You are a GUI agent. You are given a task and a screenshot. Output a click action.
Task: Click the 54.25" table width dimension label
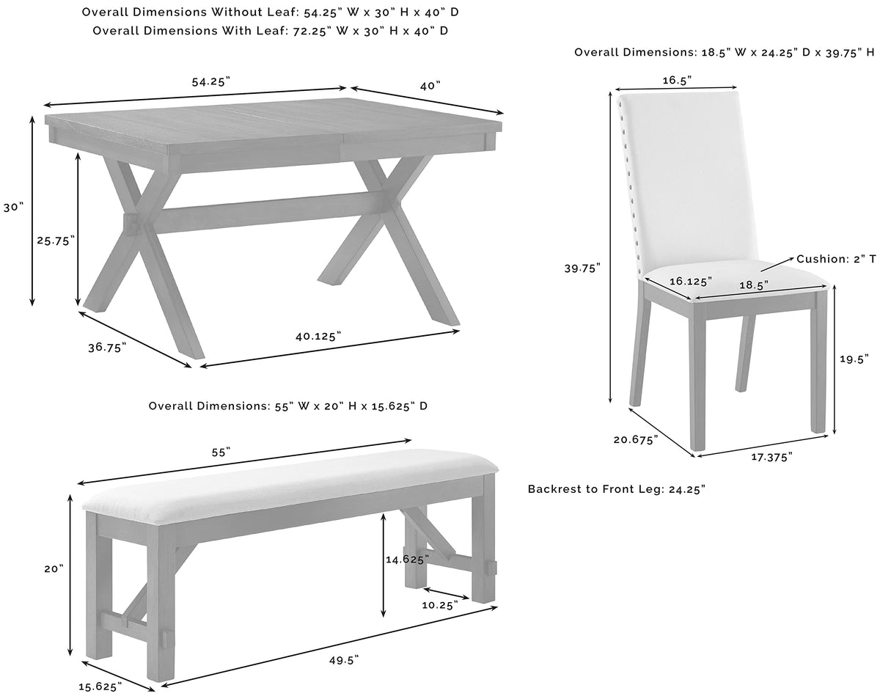[211, 82]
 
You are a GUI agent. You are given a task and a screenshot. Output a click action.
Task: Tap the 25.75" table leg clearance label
[56, 241]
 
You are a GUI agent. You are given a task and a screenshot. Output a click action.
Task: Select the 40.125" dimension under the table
[318, 336]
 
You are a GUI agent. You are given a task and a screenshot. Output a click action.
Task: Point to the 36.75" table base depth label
[107, 348]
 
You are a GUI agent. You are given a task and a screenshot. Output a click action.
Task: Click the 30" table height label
[13, 208]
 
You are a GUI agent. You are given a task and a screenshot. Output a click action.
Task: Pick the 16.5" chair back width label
[677, 80]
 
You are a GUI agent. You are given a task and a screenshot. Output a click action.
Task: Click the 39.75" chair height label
[582, 268]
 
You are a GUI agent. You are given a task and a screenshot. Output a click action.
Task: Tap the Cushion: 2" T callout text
[836, 259]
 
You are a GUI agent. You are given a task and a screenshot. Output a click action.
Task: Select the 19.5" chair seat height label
[854, 359]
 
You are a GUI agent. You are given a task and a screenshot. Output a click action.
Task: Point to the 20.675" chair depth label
[636, 439]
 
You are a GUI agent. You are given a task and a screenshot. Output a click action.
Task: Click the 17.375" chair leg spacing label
[771, 457]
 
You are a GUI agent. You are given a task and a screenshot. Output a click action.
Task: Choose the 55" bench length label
[221, 453]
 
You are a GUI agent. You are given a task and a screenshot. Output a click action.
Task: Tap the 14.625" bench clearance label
[407, 560]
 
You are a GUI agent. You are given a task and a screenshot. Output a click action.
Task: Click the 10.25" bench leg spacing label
[440, 605]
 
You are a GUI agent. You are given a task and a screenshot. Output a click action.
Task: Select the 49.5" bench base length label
[344, 660]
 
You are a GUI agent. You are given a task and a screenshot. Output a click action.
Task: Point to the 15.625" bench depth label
[100, 686]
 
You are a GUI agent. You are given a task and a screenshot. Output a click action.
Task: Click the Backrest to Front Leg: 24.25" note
[617, 489]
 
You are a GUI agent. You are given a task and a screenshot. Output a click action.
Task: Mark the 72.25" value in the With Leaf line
[312, 31]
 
